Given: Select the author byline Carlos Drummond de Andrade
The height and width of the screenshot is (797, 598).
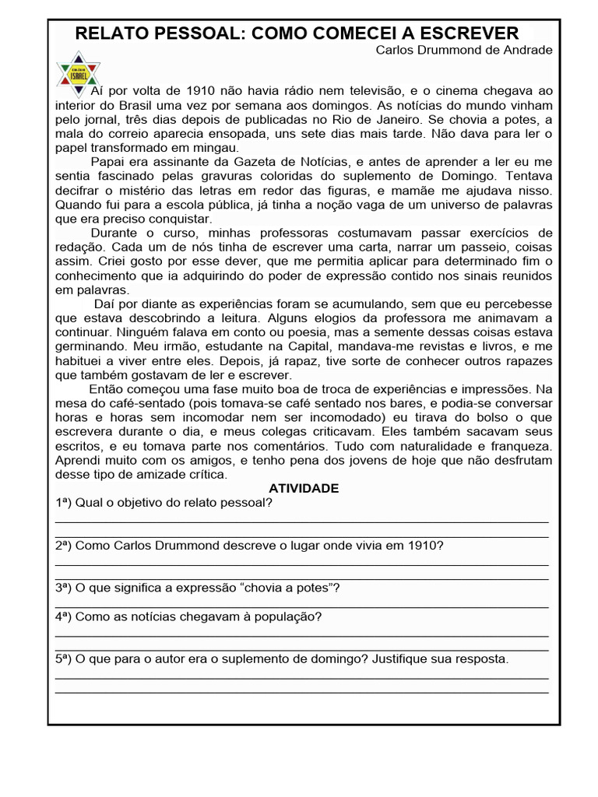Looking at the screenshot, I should tap(464, 50).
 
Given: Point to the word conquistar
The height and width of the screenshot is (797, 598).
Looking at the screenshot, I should tap(180, 219).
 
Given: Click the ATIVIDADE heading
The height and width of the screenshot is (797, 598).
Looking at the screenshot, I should tap(303, 489).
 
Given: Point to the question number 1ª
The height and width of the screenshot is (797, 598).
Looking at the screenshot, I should tap(63, 503).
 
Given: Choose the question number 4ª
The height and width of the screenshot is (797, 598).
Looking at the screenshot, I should tap(63, 616).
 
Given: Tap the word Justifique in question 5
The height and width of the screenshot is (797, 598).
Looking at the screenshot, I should tap(400, 659).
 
